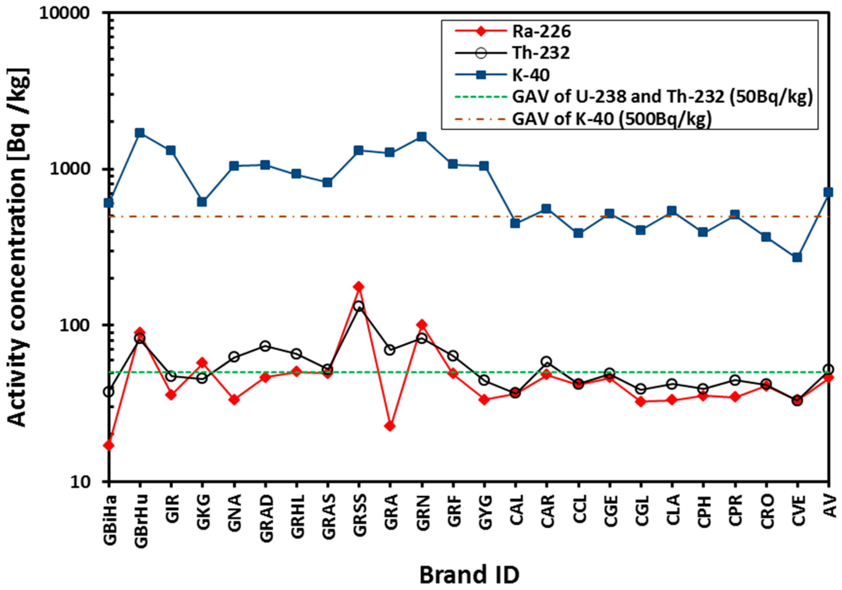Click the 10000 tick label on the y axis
click(x=64, y=13)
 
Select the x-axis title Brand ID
click(x=469, y=575)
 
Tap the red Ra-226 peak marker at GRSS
click(x=359, y=287)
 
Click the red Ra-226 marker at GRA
click(x=390, y=426)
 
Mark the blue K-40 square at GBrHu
click(x=140, y=133)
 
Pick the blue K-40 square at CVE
click(x=797, y=258)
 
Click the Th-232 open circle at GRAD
click(x=265, y=346)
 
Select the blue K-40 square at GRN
click(x=422, y=137)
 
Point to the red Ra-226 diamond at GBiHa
click(x=109, y=445)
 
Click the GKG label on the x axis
click(x=203, y=511)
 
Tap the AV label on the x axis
click(x=830, y=506)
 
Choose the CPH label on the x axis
click(x=704, y=511)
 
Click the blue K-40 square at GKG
click(x=202, y=202)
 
